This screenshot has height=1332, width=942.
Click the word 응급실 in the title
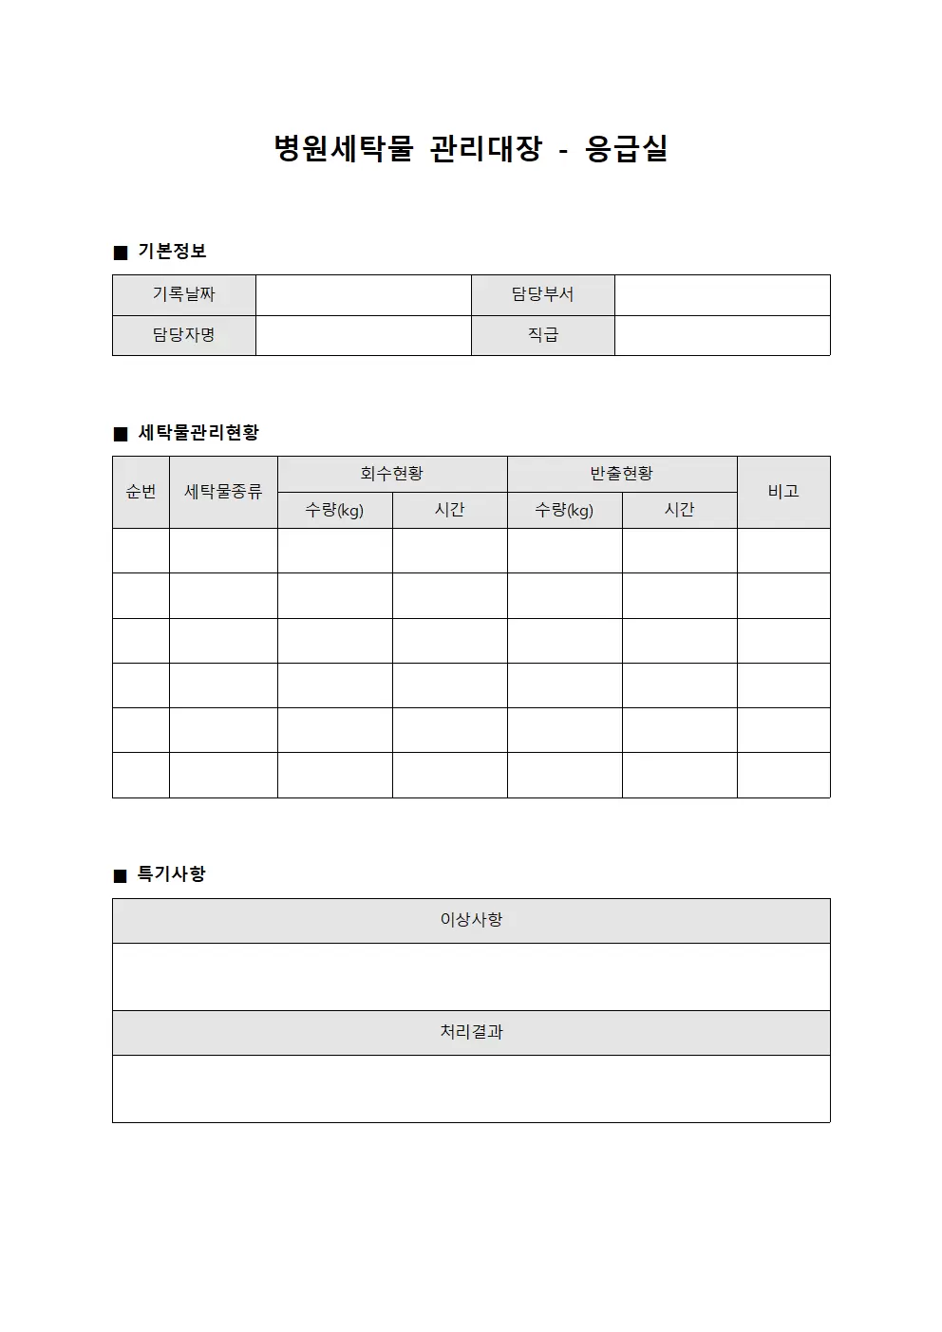tap(626, 149)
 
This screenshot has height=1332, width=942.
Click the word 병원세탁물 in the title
tap(344, 149)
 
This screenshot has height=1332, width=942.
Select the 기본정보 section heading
tap(171, 252)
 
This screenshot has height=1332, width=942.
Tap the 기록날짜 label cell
tap(184, 295)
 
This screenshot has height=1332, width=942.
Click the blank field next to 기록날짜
tap(363, 295)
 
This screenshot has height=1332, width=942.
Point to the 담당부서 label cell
tap(542, 295)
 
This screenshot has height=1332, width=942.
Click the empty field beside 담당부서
tap(722, 295)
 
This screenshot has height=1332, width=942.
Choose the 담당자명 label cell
tap(184, 335)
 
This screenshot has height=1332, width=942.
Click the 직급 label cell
tap(542, 335)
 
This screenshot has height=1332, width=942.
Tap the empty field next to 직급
tap(722, 335)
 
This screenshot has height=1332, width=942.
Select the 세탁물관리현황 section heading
tap(198, 433)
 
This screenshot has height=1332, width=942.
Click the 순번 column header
tap(141, 492)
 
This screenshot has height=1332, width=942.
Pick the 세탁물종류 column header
tap(223, 492)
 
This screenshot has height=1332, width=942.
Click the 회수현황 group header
tap(391, 474)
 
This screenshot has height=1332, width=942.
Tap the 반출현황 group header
tap(621, 474)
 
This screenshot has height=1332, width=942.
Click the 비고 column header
tap(783, 492)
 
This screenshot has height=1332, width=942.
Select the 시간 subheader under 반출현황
tap(679, 510)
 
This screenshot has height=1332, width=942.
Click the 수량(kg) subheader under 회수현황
tap(334, 510)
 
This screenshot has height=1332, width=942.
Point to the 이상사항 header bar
tap(471, 920)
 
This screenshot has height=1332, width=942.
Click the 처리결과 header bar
tap(471, 1032)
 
